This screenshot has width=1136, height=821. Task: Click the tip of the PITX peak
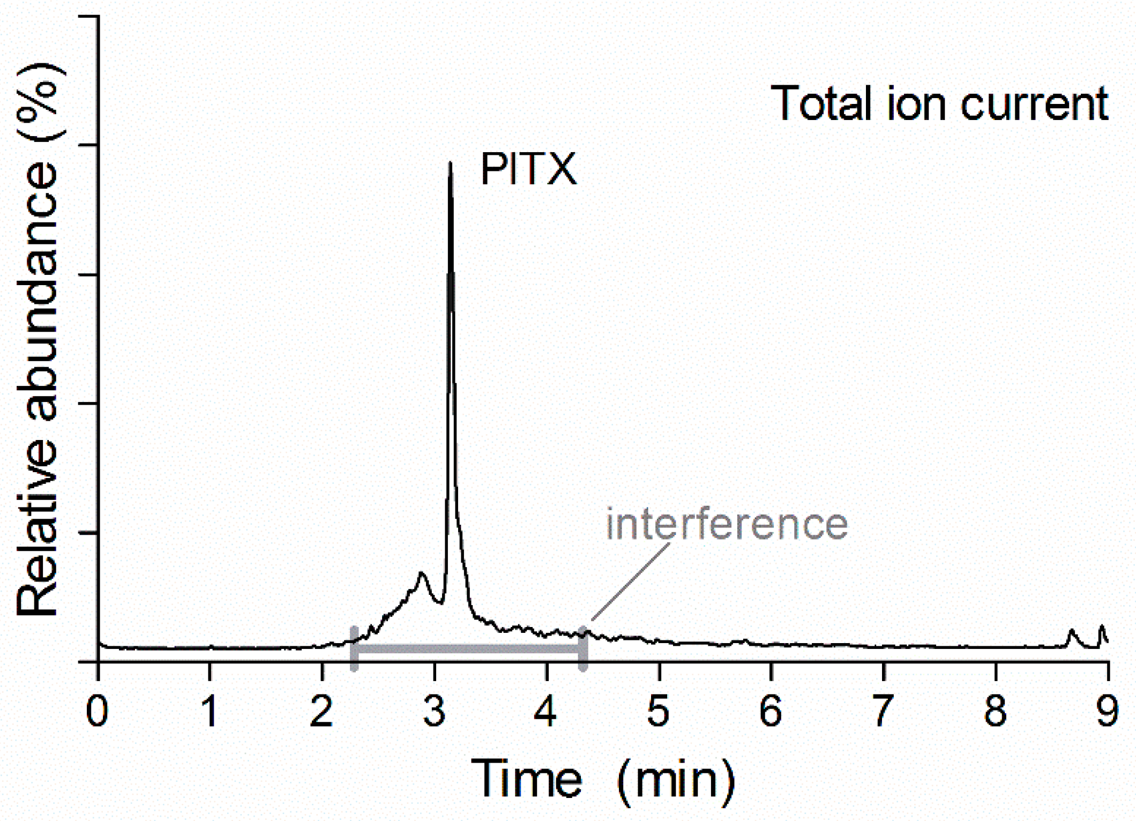click(x=450, y=162)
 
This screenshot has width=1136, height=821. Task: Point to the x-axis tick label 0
click(x=98, y=712)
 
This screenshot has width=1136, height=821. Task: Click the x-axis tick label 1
click(x=210, y=712)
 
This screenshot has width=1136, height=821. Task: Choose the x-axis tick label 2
click(x=322, y=712)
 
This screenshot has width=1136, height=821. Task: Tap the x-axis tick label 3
click(x=434, y=712)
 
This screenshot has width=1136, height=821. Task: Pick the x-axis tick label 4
click(x=547, y=712)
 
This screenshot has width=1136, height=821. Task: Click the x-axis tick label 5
click(x=659, y=712)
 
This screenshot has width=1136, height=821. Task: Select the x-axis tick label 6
click(x=771, y=712)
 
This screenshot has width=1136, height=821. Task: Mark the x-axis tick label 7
click(x=883, y=712)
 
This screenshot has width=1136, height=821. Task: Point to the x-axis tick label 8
click(x=995, y=712)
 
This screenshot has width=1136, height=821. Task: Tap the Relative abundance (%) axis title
click(x=38, y=343)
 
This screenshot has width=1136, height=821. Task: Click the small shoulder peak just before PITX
click(x=422, y=573)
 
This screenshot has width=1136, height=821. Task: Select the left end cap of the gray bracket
click(x=354, y=648)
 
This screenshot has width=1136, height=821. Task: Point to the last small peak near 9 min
click(x=1102, y=626)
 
